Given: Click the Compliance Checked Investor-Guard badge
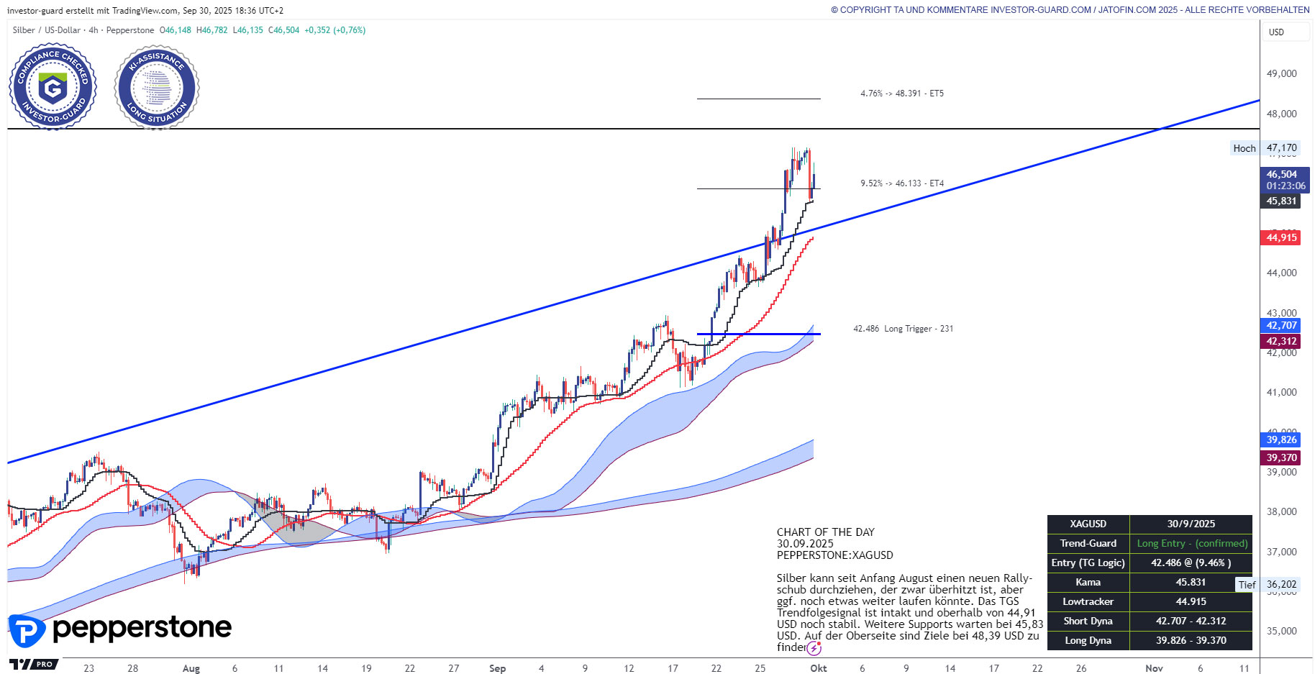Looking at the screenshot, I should [x=53, y=87].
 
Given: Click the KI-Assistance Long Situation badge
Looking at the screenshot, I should [x=157, y=87].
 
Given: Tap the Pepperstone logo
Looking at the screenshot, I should [x=120, y=629].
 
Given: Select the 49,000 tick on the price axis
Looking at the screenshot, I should [x=1281, y=73].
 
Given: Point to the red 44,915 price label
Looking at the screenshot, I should [x=1281, y=237].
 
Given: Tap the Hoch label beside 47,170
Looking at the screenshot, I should [x=1244, y=148].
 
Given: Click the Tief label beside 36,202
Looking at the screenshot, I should [x=1247, y=585].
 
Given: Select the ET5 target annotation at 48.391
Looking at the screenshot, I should [x=901, y=94].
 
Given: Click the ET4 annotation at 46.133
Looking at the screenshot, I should [x=901, y=183].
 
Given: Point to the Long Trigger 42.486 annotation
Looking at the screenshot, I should [x=903, y=329].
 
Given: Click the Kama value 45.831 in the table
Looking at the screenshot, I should [x=1191, y=583].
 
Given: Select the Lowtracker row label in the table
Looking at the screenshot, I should [x=1088, y=602].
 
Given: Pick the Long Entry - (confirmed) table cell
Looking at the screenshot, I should [x=1191, y=544].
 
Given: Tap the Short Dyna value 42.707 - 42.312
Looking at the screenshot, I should [x=1191, y=621].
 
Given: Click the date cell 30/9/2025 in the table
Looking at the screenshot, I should [x=1191, y=524].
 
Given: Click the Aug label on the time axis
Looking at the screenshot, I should [x=191, y=668].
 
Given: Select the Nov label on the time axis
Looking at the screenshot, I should [x=1154, y=668].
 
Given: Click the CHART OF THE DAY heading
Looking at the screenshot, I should [x=825, y=532].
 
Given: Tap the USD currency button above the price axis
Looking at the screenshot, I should [x=1276, y=32].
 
